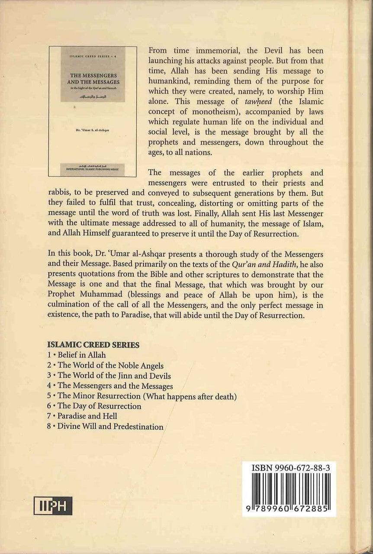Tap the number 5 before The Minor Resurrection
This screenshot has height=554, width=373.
49,396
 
